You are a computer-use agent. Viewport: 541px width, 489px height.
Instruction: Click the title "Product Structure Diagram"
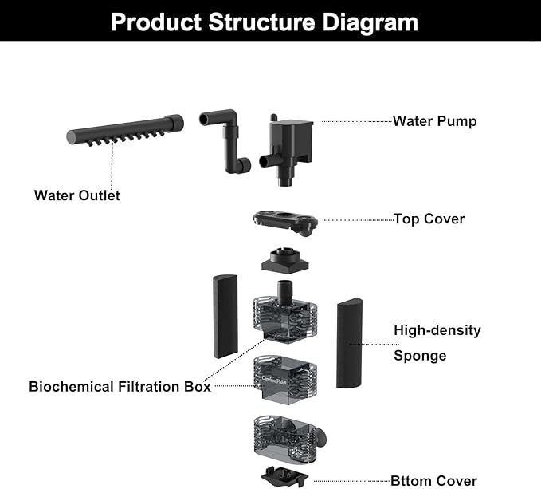264,21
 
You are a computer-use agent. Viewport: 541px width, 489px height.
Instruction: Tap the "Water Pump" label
434,122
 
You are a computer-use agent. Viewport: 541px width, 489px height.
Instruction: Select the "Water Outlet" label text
77,195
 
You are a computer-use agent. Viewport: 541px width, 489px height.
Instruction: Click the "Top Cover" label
429,219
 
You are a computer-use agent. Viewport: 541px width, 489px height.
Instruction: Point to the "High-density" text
437,329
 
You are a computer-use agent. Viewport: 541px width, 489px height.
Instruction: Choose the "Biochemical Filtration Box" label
120,387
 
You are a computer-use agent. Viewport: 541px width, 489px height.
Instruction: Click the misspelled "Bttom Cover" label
433,480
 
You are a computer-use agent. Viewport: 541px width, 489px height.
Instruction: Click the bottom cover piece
285,475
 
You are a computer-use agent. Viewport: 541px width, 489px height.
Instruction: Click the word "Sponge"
419,355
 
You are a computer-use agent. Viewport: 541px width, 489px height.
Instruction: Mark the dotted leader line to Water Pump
356,122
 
